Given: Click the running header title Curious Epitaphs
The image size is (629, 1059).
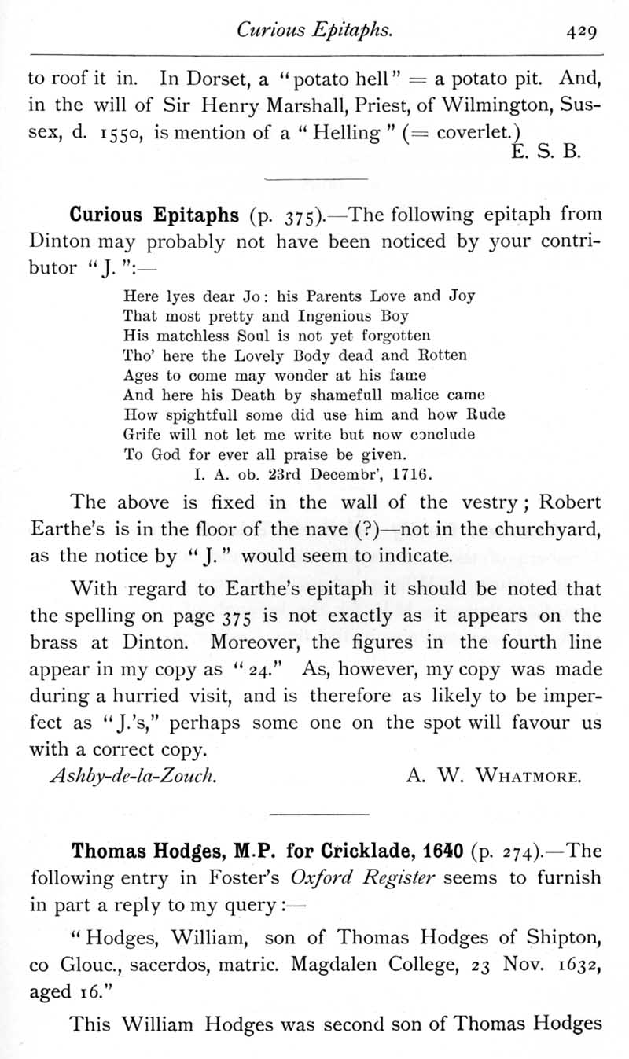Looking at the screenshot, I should click(314, 31).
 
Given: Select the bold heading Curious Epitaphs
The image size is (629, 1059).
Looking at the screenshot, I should click(154, 215).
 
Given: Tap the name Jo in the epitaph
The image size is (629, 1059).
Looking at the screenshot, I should click(249, 297).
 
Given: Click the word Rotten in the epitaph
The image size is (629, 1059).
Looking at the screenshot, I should click(440, 355).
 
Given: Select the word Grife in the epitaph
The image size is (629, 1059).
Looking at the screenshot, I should click(142, 433).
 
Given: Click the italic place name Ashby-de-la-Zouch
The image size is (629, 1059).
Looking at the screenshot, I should click(133, 778).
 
